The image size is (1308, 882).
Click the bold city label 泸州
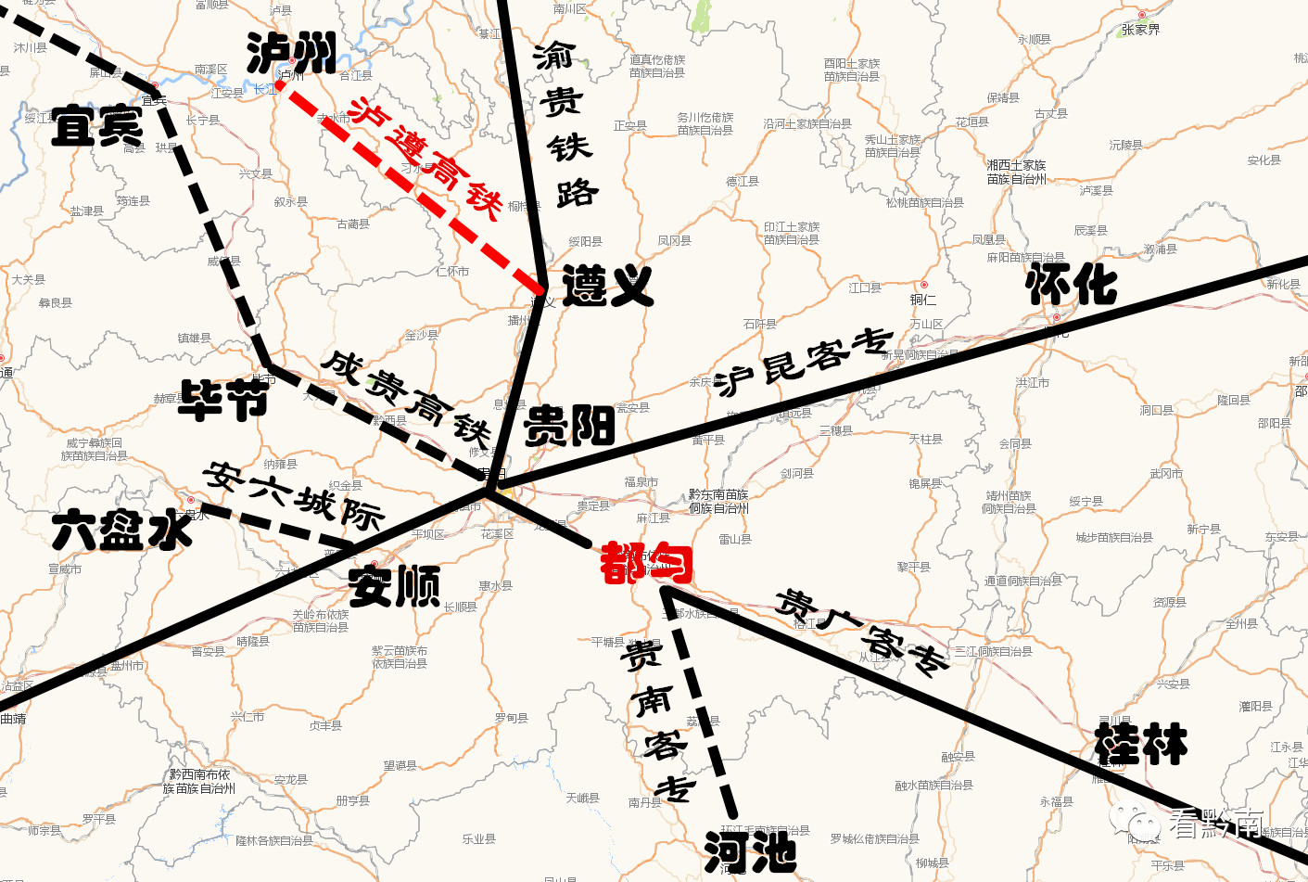coord(291,53)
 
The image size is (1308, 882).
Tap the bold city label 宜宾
coord(96,126)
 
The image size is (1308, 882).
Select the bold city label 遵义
coord(607,286)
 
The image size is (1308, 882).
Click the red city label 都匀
coord(646,563)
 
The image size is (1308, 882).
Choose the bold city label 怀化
coord(1072,284)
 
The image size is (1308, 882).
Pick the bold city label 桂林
coord(1140,744)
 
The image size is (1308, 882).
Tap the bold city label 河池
coord(750,851)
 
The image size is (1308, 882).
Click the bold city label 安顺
coord(394,586)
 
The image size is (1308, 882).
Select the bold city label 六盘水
coord(121,530)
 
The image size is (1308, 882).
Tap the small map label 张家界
coord(1140,30)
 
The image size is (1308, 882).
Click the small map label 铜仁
coord(923,299)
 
